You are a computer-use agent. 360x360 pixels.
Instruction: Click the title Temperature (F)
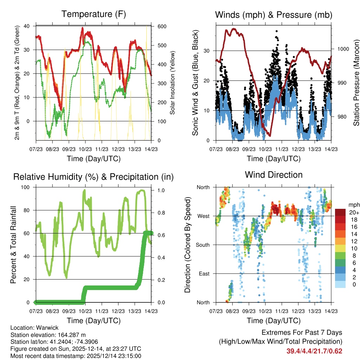[x=94, y=14]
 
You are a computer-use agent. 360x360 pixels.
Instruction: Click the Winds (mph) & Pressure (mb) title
[x=274, y=15]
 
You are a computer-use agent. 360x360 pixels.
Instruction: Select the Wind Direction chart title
[x=274, y=175]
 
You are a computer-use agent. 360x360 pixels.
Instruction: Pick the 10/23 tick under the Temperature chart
[x=85, y=149]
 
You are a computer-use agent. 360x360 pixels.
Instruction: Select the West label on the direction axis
[x=203, y=216]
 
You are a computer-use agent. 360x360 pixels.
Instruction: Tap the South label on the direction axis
[x=202, y=245]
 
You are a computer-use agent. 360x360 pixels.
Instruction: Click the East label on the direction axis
[x=204, y=274]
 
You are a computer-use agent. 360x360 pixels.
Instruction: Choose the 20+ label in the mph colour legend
[x=353, y=212]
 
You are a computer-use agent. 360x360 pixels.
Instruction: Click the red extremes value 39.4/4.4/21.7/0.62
[x=314, y=351]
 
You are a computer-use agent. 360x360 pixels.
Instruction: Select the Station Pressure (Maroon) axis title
[x=356, y=83]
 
